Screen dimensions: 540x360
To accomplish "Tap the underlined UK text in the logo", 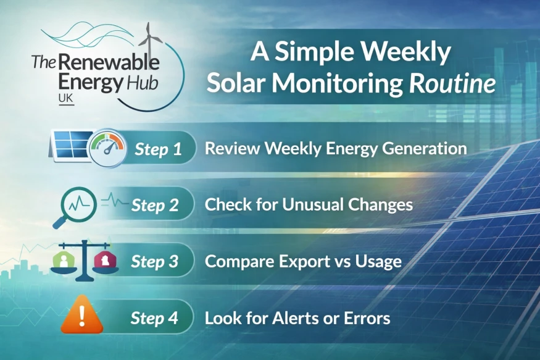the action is [66, 99].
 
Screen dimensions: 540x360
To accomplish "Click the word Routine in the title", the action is [452, 84].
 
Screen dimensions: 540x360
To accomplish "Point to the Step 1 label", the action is [158, 149].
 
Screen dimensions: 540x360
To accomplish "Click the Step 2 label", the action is [155, 206].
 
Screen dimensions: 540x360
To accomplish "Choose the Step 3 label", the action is [155, 261].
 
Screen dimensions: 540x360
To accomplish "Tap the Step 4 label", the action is [154, 317].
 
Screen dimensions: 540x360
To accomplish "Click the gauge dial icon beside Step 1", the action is [107, 149].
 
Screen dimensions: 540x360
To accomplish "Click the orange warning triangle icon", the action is [82, 314].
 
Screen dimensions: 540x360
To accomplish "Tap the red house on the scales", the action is [106, 260].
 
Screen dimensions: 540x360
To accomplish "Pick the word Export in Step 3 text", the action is [303, 262].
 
